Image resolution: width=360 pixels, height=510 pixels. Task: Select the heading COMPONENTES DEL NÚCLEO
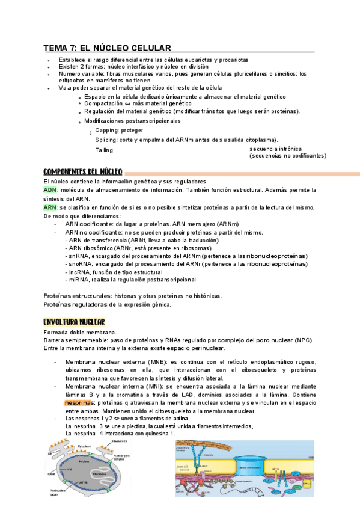[83, 171]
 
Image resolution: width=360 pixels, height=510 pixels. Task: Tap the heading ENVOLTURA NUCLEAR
[75, 322]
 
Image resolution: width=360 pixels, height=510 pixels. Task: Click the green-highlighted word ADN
[50, 190]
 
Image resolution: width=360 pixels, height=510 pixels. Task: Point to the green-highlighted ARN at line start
[50, 207]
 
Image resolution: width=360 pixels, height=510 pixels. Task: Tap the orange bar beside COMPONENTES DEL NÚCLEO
[240, 171]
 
